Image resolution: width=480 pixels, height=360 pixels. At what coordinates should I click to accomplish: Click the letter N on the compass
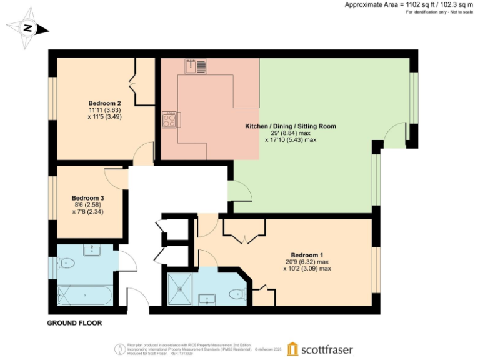click(27, 28)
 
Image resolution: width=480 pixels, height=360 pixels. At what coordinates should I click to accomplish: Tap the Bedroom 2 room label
click(104, 102)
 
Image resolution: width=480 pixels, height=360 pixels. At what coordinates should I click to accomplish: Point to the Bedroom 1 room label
click(307, 254)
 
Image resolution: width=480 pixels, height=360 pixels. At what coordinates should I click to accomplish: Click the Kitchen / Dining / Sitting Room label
click(291, 126)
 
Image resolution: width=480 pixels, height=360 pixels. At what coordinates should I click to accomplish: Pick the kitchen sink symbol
click(196, 66)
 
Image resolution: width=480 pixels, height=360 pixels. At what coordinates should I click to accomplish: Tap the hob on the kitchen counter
click(169, 119)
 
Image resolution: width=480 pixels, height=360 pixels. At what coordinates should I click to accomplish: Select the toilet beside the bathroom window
click(65, 264)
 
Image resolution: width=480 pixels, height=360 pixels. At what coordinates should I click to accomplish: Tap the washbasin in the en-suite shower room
click(207, 299)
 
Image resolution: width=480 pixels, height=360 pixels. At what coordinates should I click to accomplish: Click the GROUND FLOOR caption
click(74, 323)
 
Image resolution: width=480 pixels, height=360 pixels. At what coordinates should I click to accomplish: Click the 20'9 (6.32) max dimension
click(307, 262)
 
